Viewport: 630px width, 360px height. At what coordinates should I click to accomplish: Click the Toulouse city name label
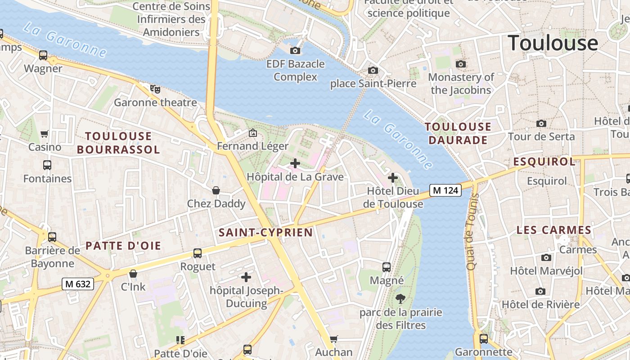pyautogui.click(x=553, y=43)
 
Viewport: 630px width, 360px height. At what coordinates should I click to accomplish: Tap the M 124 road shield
pyautogui.click(x=445, y=190)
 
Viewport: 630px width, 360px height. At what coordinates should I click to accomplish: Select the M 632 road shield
pyautogui.click(x=78, y=284)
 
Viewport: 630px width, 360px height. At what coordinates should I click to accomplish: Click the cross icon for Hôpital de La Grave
pyautogui.click(x=295, y=163)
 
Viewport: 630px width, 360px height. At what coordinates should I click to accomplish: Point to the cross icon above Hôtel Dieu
pyautogui.click(x=393, y=178)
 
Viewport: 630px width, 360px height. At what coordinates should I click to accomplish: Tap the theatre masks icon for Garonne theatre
pyautogui.click(x=155, y=89)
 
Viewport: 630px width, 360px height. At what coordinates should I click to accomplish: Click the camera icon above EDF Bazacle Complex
pyautogui.click(x=295, y=50)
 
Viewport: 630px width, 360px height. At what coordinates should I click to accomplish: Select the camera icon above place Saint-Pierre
pyautogui.click(x=373, y=70)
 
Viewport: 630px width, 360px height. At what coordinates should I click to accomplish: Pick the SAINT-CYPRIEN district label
pyautogui.click(x=265, y=233)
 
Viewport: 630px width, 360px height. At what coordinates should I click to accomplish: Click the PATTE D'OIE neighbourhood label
pyautogui.click(x=123, y=246)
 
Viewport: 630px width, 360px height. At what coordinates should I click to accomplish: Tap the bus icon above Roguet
pyautogui.click(x=198, y=253)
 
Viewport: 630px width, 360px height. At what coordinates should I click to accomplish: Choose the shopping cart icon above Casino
pyautogui.click(x=45, y=134)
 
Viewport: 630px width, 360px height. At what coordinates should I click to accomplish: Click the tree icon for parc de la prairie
pyautogui.click(x=400, y=298)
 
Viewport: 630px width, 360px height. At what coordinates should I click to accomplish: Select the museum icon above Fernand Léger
pyautogui.click(x=253, y=133)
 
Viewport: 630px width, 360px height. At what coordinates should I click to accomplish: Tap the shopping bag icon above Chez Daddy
pyautogui.click(x=216, y=190)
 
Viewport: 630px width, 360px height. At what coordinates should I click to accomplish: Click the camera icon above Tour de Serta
pyautogui.click(x=541, y=123)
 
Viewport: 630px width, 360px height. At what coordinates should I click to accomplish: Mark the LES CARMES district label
pyautogui.click(x=553, y=230)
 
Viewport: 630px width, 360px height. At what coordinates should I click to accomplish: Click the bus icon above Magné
pyautogui.click(x=387, y=267)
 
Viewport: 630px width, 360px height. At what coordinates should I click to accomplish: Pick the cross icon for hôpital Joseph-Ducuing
pyautogui.click(x=246, y=277)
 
